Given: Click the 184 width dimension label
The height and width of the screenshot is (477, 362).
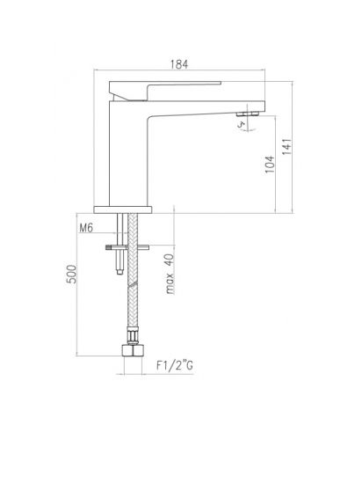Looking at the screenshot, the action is tap(179, 64).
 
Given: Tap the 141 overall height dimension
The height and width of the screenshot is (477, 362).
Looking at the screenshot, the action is tap(287, 147).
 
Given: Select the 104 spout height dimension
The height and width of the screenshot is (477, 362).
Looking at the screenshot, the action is tap(270, 165).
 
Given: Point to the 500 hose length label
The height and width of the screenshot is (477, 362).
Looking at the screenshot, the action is tap(72, 274).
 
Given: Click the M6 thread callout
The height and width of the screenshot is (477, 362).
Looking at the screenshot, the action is tap(86, 228).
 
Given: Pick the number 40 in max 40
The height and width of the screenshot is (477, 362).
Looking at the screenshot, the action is tap(170, 261).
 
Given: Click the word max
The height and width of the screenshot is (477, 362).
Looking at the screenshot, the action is tap(170, 283).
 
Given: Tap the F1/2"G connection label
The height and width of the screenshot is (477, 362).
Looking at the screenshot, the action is tap(175, 365).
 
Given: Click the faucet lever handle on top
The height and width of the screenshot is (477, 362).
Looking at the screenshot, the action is tap(164, 91).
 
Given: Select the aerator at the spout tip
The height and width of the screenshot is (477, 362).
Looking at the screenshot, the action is tap(248, 114).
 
